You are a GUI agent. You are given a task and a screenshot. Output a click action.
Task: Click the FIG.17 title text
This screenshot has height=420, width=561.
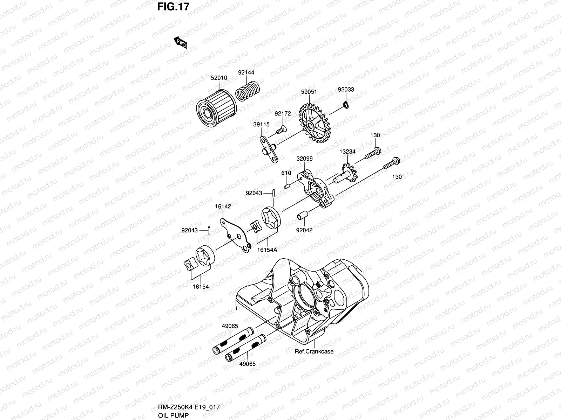[173, 7]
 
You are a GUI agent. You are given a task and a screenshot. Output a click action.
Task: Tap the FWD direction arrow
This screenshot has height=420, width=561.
[181, 42]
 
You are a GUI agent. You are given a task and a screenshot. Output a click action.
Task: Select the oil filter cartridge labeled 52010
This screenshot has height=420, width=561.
[216, 108]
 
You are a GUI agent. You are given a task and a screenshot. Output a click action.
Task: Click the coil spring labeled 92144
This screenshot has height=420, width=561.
[248, 91]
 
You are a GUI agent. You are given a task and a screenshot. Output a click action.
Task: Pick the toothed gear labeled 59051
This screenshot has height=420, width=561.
[315, 123]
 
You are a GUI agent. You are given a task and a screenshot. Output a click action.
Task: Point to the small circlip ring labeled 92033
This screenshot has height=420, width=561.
[346, 105]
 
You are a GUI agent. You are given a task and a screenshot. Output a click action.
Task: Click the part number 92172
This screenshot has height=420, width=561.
[283, 113]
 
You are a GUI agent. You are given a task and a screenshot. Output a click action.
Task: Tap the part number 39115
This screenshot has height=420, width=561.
[262, 125]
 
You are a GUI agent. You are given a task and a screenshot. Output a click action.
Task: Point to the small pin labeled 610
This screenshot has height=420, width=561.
[287, 187]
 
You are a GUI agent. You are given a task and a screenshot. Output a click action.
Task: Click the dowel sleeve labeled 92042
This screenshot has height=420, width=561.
[302, 216]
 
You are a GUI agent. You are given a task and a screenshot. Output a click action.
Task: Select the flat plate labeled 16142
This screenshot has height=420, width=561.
[236, 235]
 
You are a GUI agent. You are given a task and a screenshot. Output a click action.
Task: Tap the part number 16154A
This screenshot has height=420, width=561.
[267, 250]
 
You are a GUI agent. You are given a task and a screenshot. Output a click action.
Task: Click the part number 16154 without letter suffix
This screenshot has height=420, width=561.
[201, 287]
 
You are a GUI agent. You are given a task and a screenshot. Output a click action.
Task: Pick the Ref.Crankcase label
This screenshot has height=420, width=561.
[314, 351]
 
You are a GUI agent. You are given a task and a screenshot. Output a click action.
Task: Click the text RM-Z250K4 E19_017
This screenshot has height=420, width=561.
[189, 407]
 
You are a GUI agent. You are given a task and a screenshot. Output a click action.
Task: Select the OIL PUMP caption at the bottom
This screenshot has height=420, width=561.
[173, 415]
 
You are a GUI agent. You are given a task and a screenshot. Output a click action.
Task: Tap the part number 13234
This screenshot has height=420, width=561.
[347, 152]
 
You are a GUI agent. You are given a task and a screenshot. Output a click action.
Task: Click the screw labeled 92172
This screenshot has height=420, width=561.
[282, 130]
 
